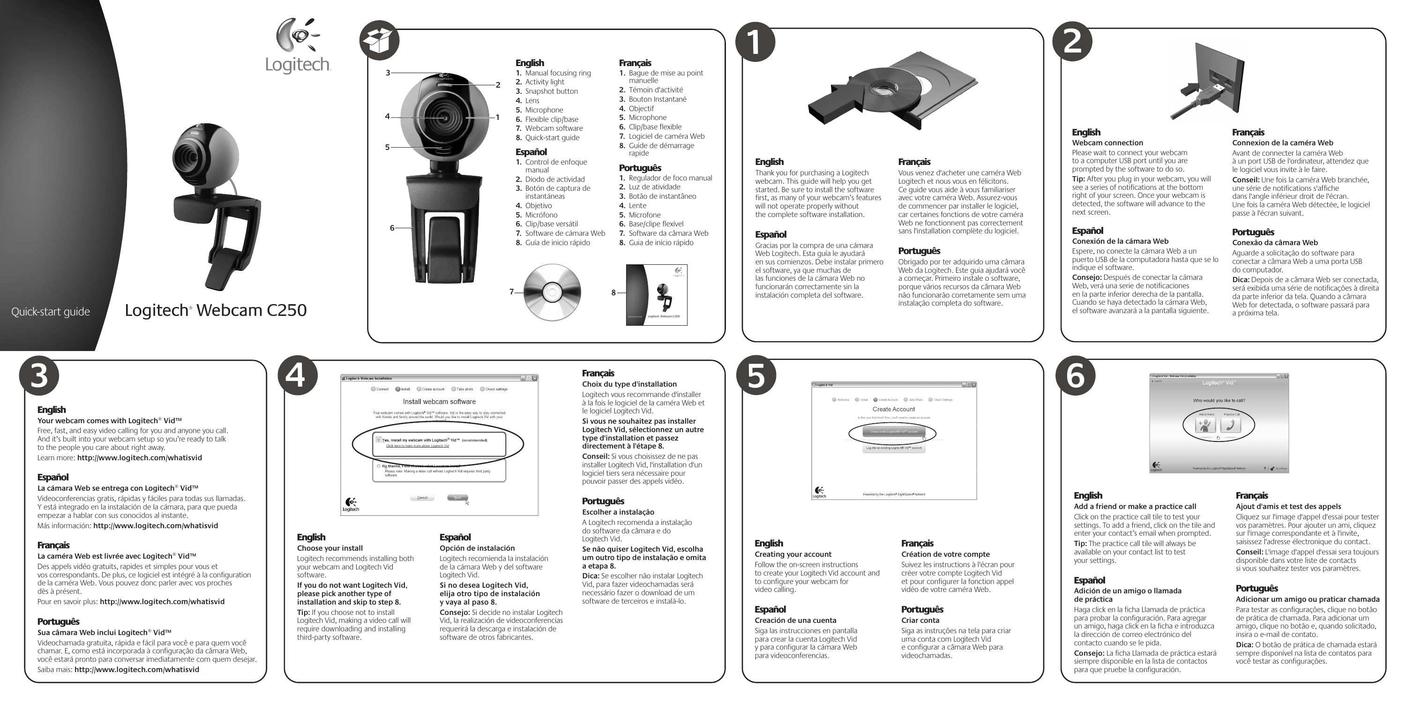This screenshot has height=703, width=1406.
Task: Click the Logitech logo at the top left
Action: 298,46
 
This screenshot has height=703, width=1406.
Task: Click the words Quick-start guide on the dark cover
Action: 51,312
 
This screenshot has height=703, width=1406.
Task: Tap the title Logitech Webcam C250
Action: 216,310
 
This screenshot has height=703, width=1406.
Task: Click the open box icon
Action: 379,42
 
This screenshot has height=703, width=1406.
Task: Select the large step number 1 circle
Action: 755,42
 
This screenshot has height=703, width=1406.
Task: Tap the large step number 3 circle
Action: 39,375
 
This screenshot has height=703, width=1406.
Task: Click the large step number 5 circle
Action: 756,375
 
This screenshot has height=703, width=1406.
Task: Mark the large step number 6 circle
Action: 1075,375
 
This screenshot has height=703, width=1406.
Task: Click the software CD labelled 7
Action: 552,292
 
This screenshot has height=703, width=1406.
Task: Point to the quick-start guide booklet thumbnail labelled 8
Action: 657,295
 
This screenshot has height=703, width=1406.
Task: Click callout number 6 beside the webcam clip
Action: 392,228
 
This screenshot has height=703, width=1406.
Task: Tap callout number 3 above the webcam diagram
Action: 388,73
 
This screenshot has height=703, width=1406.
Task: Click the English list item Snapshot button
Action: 551,91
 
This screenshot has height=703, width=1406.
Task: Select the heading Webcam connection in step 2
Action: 1107,143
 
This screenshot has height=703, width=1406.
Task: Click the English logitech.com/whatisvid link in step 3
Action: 140,458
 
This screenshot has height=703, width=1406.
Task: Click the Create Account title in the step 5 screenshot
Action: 893,409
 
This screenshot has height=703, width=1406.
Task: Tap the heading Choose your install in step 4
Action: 329,548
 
